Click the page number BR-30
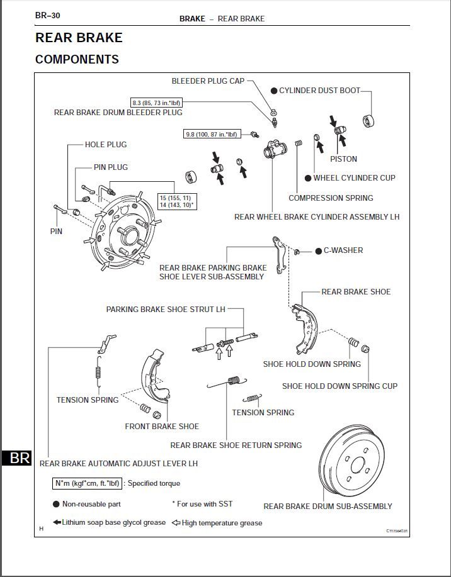coord(48,15)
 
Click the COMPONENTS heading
coord(77,60)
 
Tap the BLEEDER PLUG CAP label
coord(208,81)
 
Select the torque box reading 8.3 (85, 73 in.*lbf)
coord(157,102)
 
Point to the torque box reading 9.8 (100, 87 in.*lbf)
coord(211,134)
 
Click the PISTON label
coord(343,159)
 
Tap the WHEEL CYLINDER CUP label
coord(354,178)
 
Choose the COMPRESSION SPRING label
coord(331,198)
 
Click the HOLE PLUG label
coord(106,145)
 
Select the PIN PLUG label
coord(111,167)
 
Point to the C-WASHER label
coord(343,250)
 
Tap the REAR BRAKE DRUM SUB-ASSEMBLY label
coord(328,507)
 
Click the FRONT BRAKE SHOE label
coord(162,427)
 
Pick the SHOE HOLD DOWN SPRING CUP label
coord(340,386)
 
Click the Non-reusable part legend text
coord(91,504)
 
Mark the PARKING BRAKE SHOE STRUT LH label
coord(166,310)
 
